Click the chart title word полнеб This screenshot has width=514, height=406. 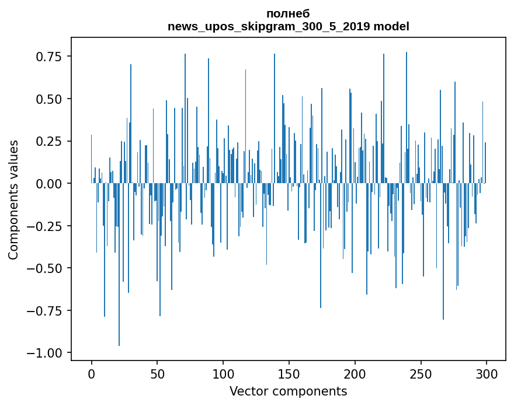288,13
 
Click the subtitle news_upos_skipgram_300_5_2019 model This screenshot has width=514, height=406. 288,26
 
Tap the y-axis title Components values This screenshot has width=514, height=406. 13,199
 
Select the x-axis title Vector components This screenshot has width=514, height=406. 288,391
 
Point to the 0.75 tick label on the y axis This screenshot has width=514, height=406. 49,57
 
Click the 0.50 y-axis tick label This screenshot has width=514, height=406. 49,99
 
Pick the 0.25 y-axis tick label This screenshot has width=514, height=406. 49,141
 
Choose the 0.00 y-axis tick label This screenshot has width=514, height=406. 49,184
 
